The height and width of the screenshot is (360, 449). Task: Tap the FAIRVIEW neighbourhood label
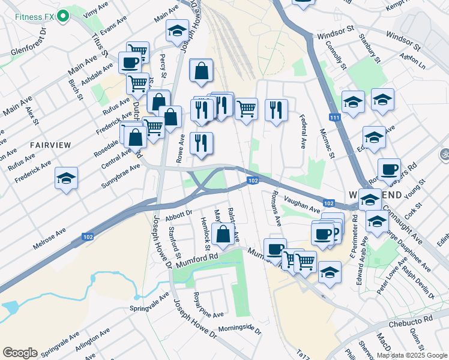point(50,145)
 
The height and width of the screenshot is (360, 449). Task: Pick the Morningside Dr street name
point(240,330)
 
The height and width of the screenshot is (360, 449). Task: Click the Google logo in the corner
point(20,353)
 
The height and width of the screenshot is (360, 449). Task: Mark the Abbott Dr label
point(178,213)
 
